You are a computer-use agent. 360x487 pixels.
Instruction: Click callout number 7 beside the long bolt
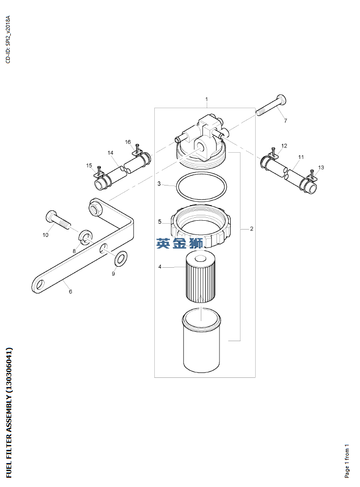286,121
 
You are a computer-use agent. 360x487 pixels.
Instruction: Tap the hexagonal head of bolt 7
281,100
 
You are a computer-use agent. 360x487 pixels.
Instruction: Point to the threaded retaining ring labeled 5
201,226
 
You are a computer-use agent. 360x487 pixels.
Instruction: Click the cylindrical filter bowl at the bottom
201,340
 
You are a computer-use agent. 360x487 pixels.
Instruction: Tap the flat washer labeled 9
120,258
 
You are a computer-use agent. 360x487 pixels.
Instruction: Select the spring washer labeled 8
85,237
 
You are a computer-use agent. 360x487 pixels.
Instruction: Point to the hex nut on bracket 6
96,208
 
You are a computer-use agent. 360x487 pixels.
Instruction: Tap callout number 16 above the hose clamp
128,142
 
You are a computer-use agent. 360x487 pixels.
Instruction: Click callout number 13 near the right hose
321,167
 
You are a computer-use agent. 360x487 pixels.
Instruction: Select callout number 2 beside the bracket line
251,229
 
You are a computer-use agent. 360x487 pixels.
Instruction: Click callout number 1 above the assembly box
206,99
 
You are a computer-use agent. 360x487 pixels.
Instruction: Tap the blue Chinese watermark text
180,243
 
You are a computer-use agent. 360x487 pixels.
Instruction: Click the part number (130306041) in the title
9,370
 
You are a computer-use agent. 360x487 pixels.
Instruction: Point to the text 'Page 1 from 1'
347,461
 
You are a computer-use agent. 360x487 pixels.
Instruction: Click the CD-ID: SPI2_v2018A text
8,39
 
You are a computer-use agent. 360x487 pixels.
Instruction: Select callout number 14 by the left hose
110,153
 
